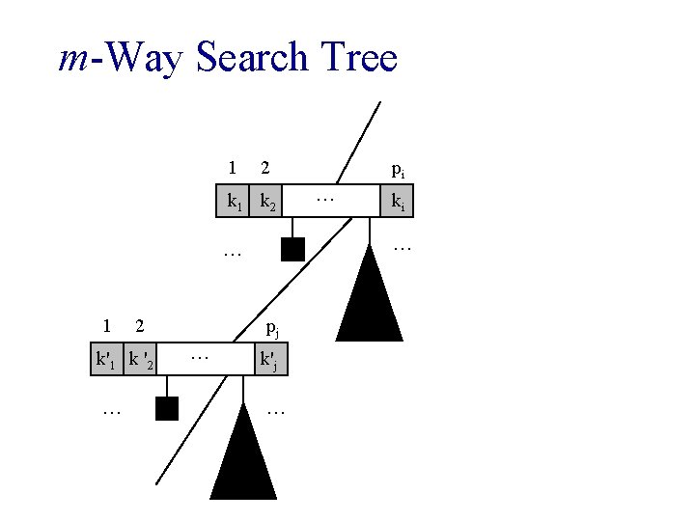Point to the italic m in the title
click(73, 60)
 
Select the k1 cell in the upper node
click(233, 203)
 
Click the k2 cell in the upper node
click(268, 203)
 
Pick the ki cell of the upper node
click(396, 203)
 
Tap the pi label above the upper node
click(398, 170)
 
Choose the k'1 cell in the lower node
click(106, 361)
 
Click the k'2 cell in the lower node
click(141, 361)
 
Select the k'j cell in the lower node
click(270, 361)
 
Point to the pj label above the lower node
click(273, 329)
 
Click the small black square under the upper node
click(292, 250)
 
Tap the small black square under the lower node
click(167, 409)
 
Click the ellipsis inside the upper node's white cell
click(324, 200)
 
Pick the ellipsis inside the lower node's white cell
click(200, 358)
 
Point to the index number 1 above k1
click(232, 168)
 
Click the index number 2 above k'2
click(140, 326)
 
